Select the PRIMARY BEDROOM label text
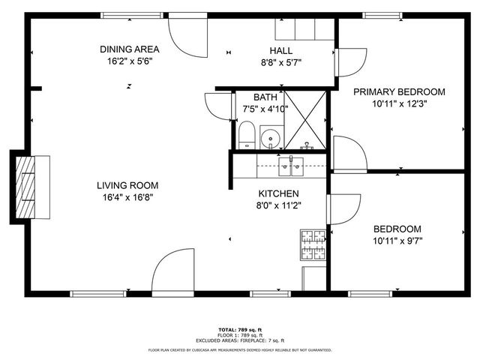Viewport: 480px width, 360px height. (x=399, y=91)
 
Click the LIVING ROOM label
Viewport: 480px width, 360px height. (x=127, y=185)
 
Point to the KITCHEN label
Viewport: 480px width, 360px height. (x=280, y=193)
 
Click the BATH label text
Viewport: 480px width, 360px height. (x=265, y=97)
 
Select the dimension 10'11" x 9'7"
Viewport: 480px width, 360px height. (x=398, y=241)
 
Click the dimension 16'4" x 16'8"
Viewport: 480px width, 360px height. (x=127, y=197)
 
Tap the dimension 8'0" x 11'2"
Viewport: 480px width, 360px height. (x=280, y=205)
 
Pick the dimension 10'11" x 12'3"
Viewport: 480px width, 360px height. (x=399, y=103)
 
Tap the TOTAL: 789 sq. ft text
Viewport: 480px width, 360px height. (x=239, y=328)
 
